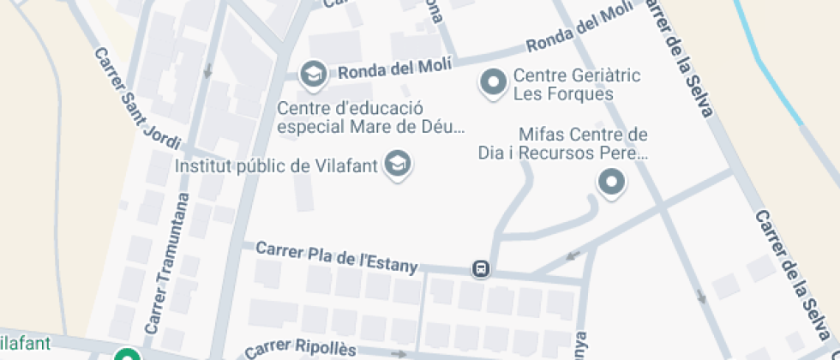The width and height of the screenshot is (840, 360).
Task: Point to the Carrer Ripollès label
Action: [299, 350]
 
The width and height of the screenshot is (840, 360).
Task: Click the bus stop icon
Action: [482, 269]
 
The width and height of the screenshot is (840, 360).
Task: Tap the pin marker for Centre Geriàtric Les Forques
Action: [493, 82]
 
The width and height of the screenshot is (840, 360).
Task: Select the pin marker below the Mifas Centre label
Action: [611, 182]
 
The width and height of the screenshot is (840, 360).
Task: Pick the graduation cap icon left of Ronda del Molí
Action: [313, 74]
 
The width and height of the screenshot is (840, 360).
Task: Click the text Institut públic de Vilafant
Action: [276, 165]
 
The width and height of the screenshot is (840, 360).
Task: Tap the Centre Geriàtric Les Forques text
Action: [577, 85]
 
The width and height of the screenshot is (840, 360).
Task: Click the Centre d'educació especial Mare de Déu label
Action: [370, 118]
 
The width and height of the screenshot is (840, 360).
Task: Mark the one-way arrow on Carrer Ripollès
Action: [399, 353]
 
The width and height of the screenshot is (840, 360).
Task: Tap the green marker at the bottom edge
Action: [128, 355]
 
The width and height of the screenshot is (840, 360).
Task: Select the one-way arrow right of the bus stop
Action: [573, 255]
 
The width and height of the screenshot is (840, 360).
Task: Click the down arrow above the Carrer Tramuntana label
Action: [207, 70]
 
